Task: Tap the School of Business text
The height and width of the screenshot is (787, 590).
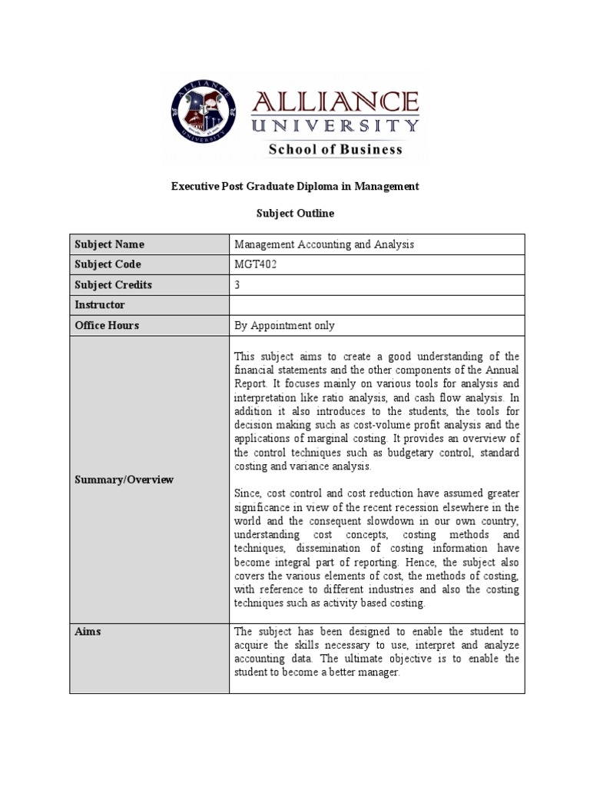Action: click(x=335, y=150)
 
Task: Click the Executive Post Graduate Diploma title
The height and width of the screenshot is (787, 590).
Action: click(x=295, y=187)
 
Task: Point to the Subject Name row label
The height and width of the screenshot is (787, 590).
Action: click(x=109, y=244)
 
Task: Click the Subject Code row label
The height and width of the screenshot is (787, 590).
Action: click(x=108, y=264)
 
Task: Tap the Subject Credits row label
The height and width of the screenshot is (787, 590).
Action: click(x=113, y=284)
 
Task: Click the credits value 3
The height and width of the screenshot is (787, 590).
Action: click(x=237, y=284)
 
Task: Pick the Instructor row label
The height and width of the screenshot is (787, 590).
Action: click(x=99, y=305)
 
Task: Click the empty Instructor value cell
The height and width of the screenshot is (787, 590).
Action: click(x=376, y=305)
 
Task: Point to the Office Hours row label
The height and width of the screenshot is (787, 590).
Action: click(x=107, y=325)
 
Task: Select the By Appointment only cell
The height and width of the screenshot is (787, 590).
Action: click(x=284, y=325)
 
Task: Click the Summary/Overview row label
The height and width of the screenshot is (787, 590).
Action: click(x=124, y=480)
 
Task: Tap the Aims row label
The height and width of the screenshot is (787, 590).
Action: click(x=88, y=631)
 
